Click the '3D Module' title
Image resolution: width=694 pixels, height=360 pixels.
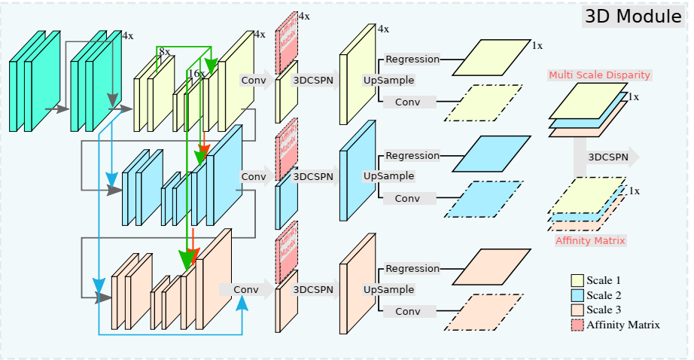633,17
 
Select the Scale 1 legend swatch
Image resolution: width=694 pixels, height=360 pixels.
577,281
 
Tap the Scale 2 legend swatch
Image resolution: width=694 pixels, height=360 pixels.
577,295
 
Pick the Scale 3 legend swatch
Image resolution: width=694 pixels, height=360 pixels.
577,310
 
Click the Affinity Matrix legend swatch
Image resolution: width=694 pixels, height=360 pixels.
577,325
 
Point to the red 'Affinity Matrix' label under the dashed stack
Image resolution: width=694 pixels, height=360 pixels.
591,241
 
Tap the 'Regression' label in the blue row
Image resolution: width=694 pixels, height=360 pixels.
412,156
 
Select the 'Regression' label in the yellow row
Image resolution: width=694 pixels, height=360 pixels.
412,59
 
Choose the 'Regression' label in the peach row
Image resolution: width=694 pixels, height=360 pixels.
412,269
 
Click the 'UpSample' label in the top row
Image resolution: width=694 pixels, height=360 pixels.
388,80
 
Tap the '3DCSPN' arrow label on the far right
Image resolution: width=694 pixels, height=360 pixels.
608,157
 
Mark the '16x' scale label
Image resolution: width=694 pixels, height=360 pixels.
196,74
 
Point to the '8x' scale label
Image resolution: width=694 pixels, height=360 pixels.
164,52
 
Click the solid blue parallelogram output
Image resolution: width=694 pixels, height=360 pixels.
487,154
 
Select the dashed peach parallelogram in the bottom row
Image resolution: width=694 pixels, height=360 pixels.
482,312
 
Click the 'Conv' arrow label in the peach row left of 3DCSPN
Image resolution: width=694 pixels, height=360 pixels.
245,289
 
